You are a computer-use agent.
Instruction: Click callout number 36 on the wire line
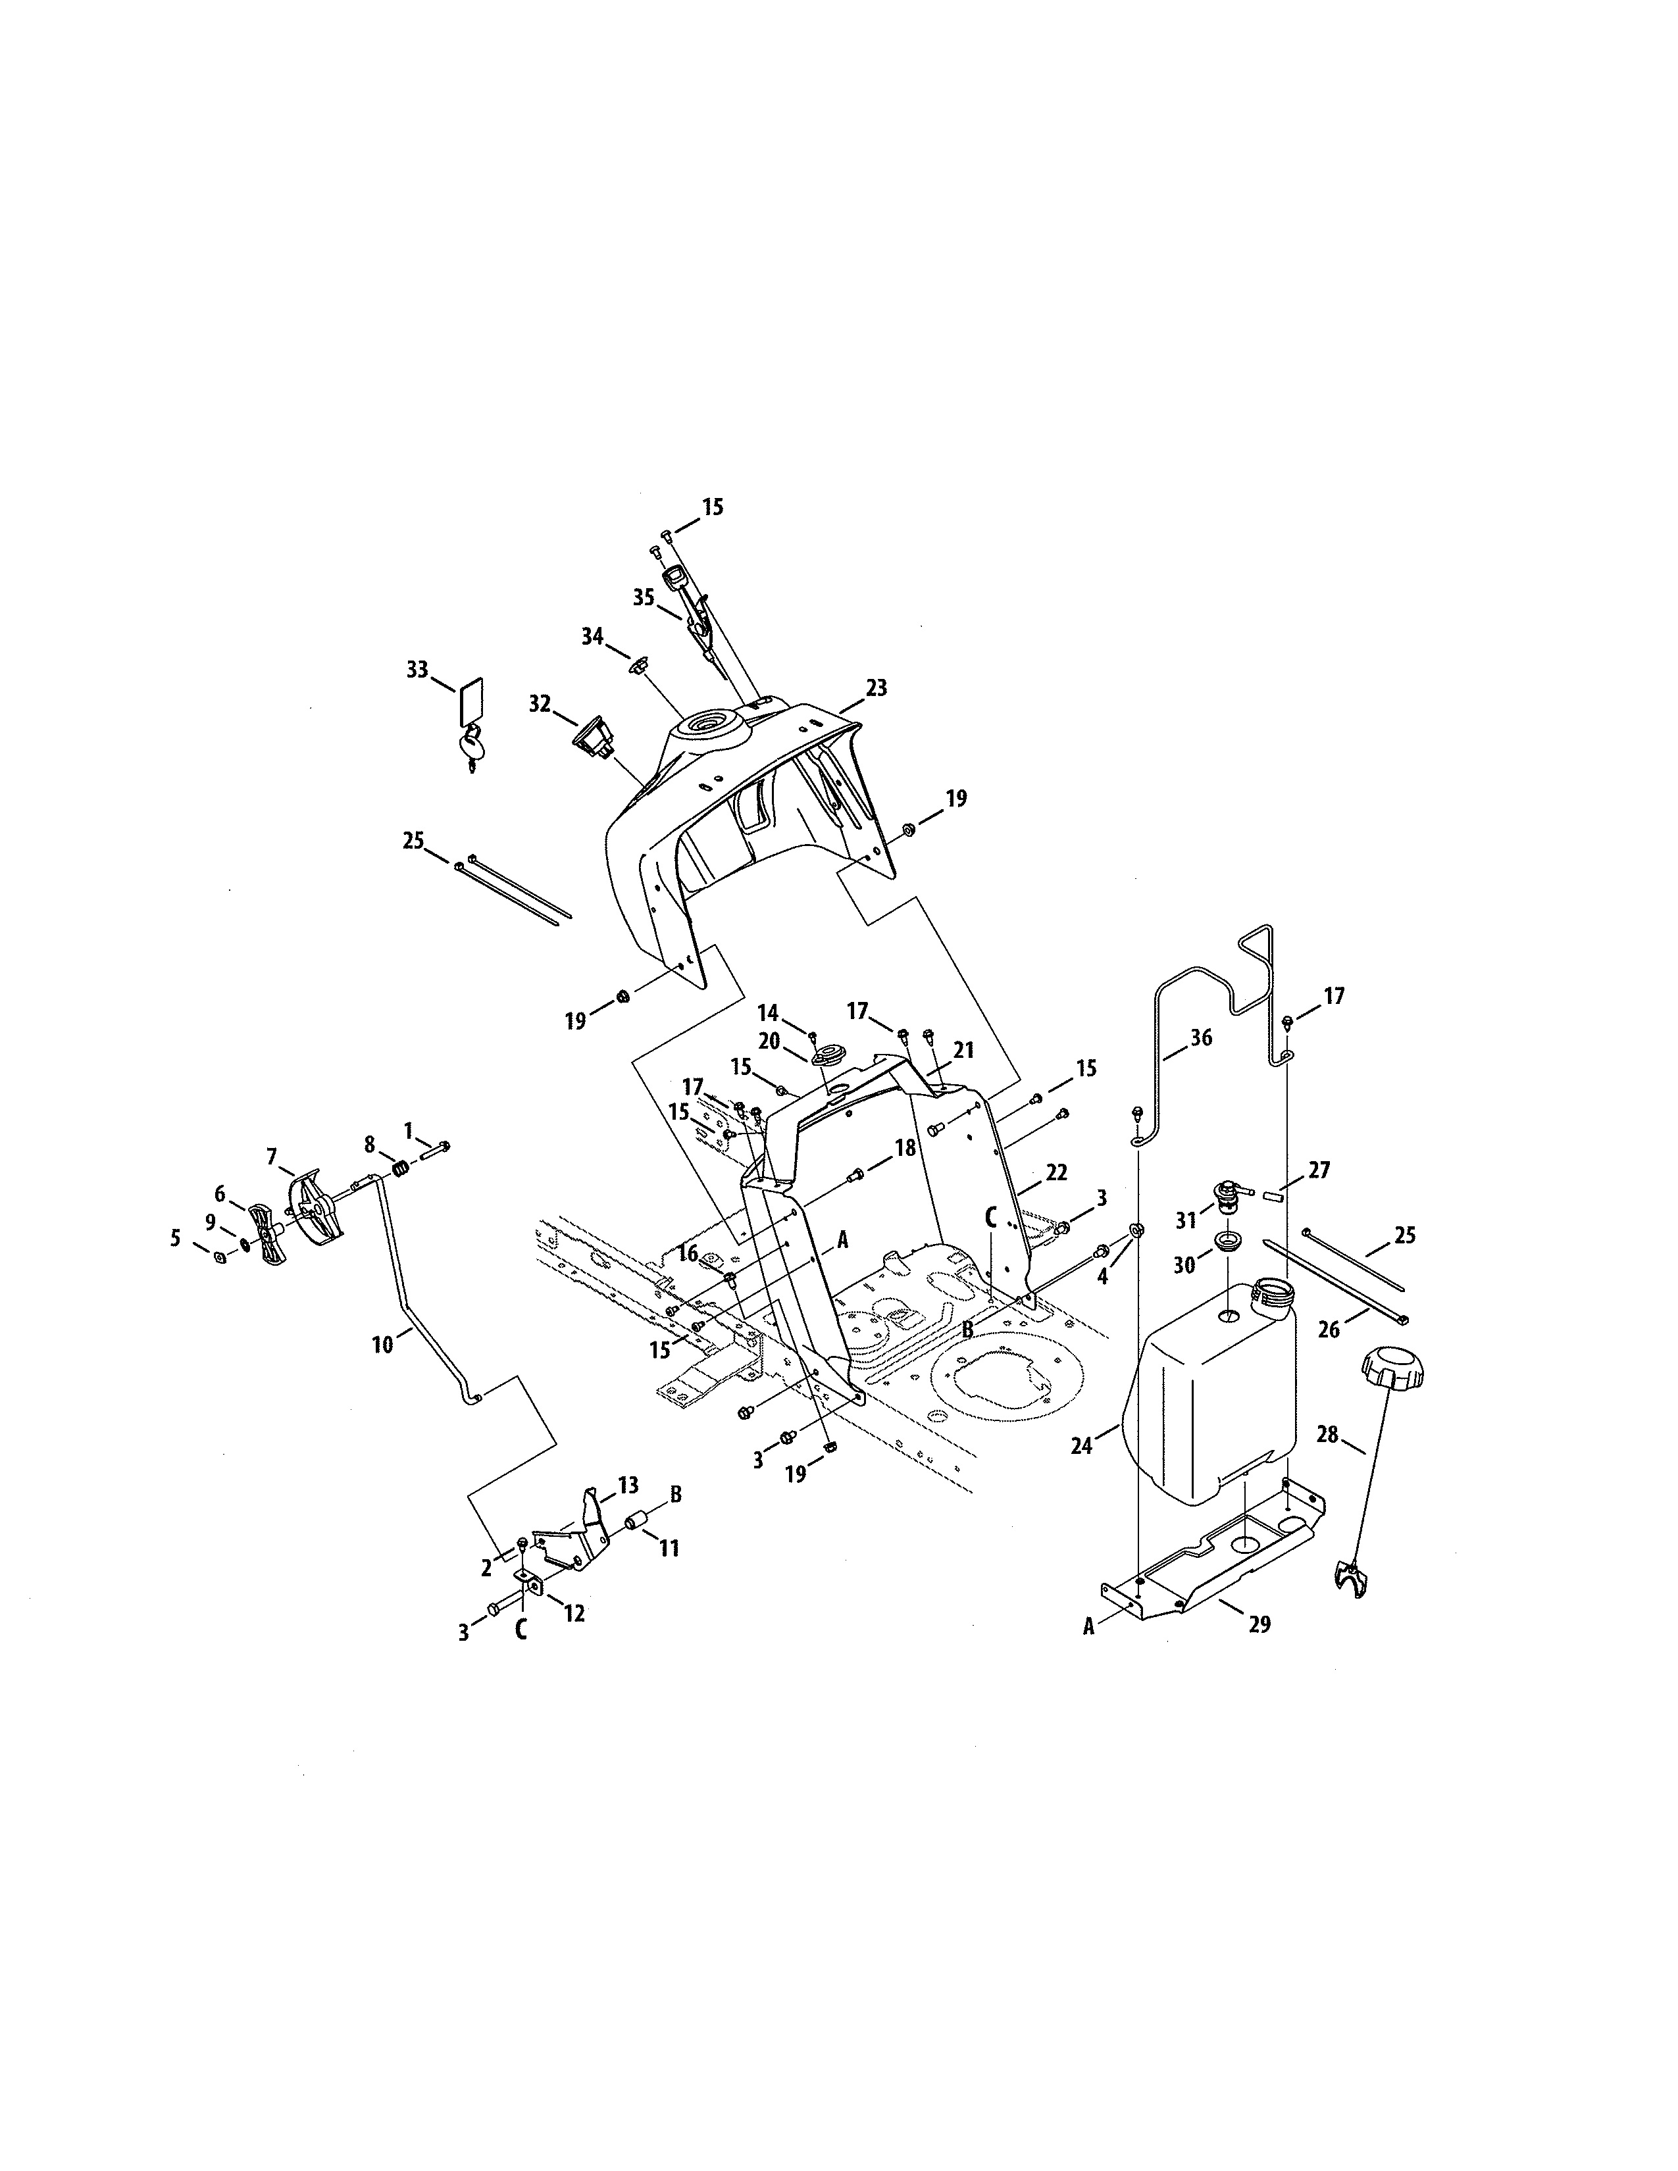tap(1201, 1037)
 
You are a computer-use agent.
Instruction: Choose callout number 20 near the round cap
tap(769, 1041)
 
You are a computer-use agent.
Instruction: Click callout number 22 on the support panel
tap(1055, 1173)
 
